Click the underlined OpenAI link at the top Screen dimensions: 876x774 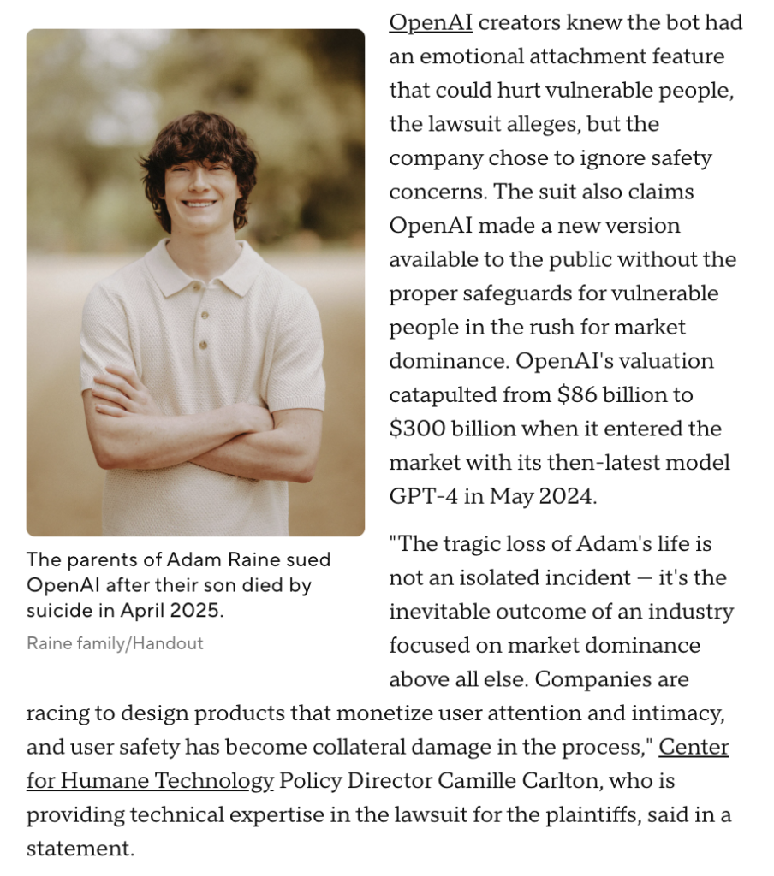pos(431,23)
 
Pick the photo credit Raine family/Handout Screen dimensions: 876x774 pos(115,643)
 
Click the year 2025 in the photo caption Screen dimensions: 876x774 pos(202,612)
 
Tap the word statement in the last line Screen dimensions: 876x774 pos(80,849)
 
